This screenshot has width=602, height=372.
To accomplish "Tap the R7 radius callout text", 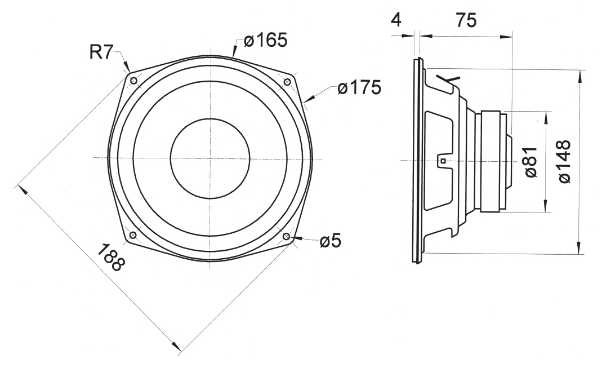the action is [x=101, y=52].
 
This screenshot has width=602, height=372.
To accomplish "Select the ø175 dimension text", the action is [x=359, y=87].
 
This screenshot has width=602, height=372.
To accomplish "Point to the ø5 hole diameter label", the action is [x=330, y=241].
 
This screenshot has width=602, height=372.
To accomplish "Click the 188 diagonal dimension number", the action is [x=111, y=258].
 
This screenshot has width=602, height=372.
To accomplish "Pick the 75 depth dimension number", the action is [x=466, y=20].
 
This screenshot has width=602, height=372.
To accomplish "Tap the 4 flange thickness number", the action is [x=396, y=20].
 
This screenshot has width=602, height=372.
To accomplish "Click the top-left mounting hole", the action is [x=133, y=81].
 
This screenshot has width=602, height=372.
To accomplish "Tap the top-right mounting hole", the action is [x=287, y=82].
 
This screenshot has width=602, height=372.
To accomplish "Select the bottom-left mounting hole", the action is [x=133, y=235].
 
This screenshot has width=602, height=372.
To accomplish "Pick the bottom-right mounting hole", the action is [x=287, y=236].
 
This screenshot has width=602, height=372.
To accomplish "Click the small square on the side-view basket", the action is [x=443, y=161].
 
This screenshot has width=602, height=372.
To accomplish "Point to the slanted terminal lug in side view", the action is [x=448, y=79].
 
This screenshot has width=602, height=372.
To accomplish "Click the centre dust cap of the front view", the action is [x=210, y=158].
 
